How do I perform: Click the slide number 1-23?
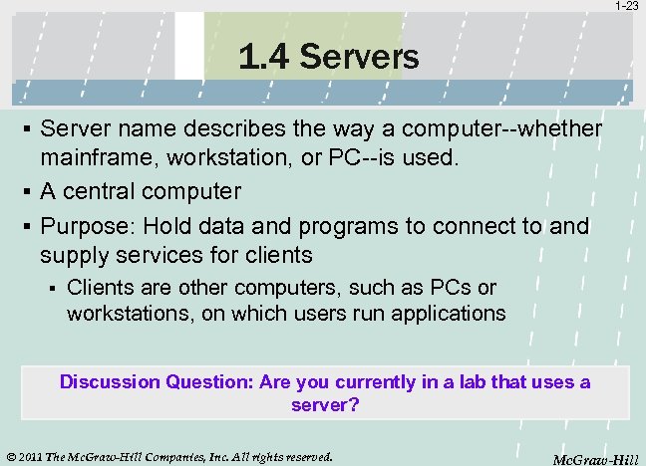(627, 6)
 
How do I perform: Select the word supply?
(73, 255)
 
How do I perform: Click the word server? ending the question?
(324, 405)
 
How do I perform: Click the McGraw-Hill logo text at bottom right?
(595, 459)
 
